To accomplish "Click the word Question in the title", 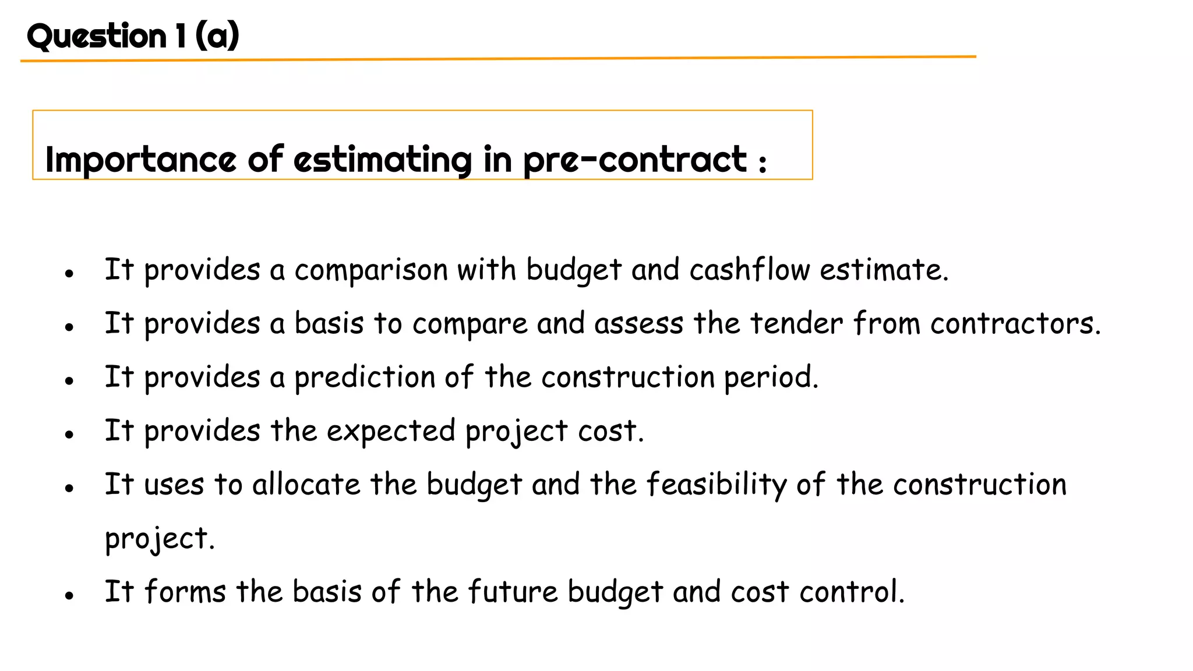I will (x=97, y=36).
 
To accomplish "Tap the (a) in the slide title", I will (x=217, y=36).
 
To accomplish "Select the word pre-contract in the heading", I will (x=635, y=160).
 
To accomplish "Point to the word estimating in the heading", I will (x=383, y=160).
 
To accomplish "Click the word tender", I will (x=796, y=323).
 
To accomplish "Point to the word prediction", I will (x=365, y=377).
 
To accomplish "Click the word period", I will (x=771, y=377).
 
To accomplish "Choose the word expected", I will (x=391, y=432).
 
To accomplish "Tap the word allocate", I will (x=306, y=485).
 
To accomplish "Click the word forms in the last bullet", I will (x=185, y=592).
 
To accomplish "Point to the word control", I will (x=852, y=592).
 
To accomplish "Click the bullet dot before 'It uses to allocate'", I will (x=69, y=488).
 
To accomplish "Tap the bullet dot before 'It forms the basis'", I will (x=69, y=595).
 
